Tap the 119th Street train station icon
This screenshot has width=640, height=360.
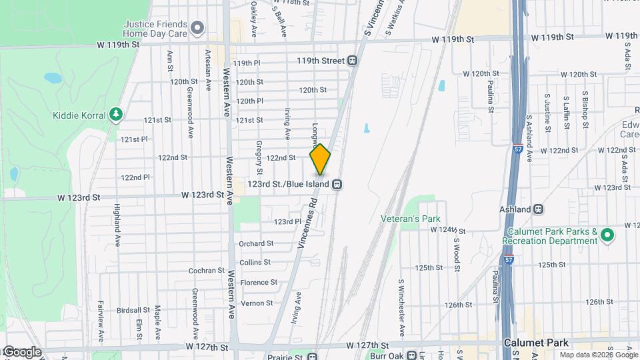352,61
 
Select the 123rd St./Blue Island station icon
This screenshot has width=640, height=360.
338,184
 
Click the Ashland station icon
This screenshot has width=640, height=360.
539,209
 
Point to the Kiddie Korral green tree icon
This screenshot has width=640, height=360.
116,115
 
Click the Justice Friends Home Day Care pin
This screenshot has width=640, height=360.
197,28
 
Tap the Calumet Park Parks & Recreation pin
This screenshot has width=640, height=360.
607,235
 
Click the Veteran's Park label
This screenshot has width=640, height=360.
410,219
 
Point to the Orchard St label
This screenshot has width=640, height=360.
257,244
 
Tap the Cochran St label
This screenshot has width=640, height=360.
207,271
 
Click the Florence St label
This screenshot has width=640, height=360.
259,283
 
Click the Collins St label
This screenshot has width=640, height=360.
255,263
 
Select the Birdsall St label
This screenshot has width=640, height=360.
133,310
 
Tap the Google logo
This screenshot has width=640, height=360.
22,352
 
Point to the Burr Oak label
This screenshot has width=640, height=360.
388,355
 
